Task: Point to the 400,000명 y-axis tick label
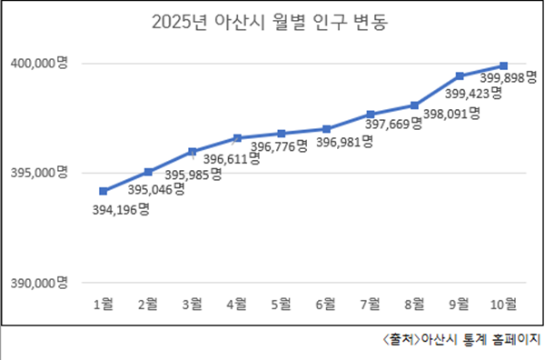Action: coord(40,63)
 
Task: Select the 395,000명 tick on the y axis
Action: coord(40,173)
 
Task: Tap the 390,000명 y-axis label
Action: coord(40,283)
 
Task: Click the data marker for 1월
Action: coord(104,191)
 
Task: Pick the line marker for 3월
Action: coord(193,151)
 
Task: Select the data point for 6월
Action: coord(326,129)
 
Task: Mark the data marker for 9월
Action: coord(460,75)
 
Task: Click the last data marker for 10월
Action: coord(504,65)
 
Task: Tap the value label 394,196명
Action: coord(121,209)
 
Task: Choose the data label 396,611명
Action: coord(231,158)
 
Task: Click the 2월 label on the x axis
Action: coord(148,302)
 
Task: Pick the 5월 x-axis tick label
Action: coord(282,302)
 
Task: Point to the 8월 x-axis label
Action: coord(415,302)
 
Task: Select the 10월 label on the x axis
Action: coord(504,302)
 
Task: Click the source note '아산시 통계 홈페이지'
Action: coord(461,341)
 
